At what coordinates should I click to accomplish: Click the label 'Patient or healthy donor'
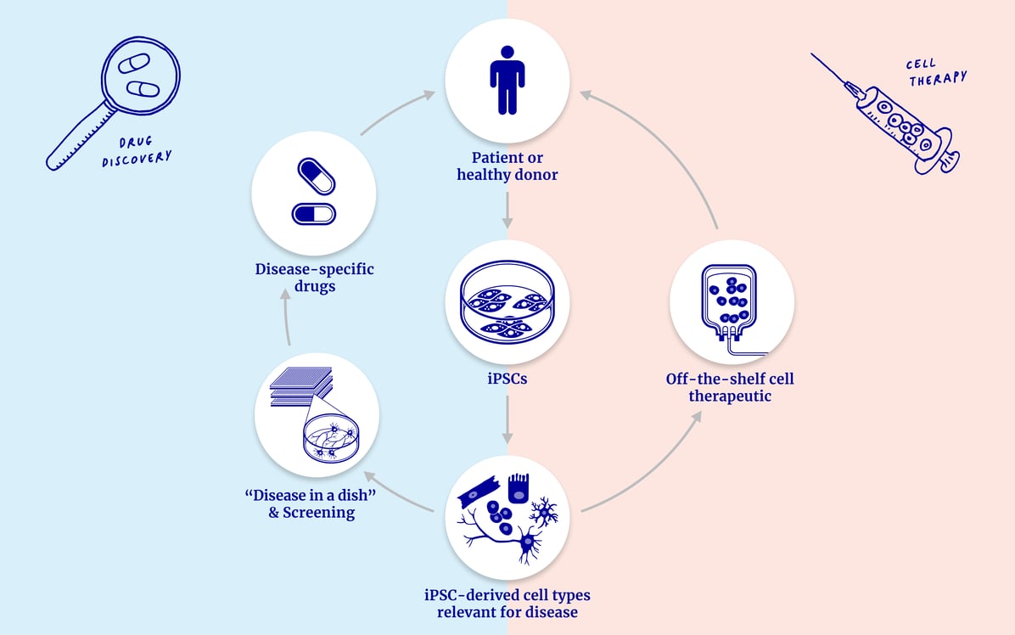coord(507,166)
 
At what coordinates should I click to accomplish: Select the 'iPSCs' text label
coord(507,379)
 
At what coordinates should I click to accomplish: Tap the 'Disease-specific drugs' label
coord(314,278)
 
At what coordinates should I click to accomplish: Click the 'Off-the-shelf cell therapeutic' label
coord(730,387)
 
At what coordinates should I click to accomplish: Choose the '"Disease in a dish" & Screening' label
coord(311,504)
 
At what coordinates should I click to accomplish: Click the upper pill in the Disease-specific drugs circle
coord(316,177)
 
